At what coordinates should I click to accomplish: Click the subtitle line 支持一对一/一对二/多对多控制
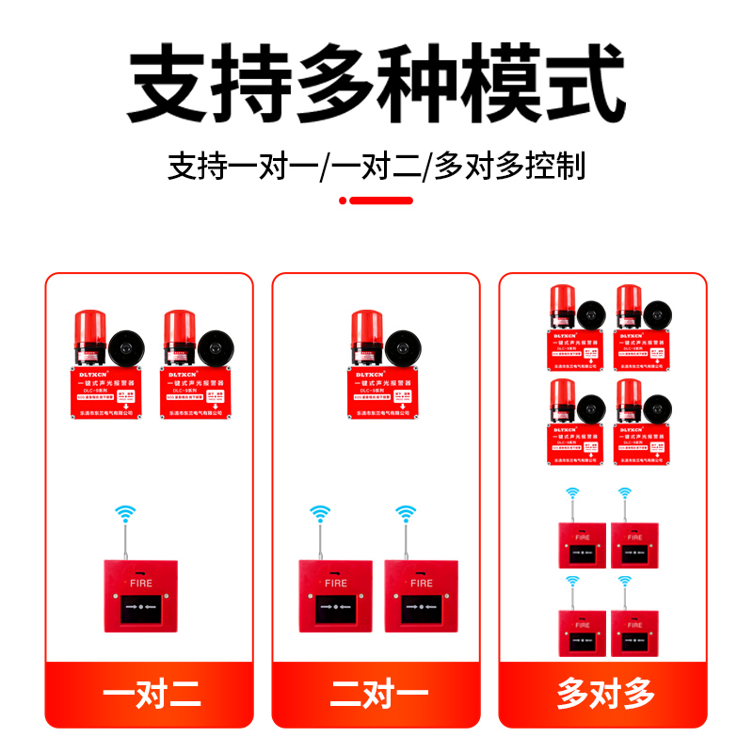tap(376, 166)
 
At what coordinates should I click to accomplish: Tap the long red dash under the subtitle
tap(381, 200)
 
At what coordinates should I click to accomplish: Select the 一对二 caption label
tap(150, 695)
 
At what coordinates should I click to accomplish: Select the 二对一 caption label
tap(376, 695)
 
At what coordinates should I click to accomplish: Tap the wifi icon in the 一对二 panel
tap(124, 514)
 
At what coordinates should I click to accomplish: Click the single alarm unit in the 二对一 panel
tap(376, 367)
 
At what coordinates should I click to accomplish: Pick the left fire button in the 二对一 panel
tap(336, 596)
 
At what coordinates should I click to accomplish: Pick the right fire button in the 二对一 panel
tap(421, 596)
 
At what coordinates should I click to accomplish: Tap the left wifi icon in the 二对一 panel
tap(321, 514)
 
